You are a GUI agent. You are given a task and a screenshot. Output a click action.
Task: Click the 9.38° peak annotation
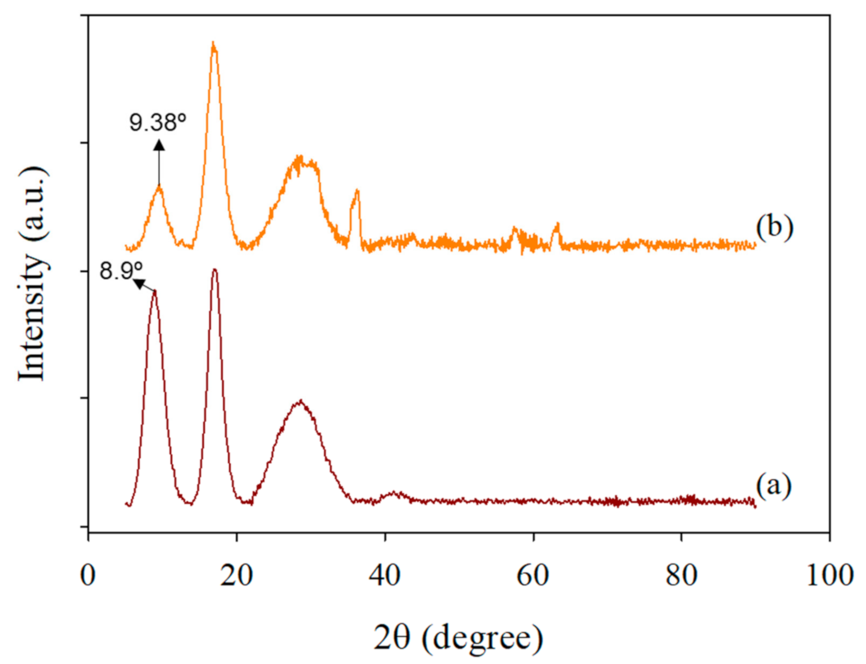click(157, 122)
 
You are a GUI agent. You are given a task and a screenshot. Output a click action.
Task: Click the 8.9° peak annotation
click(121, 271)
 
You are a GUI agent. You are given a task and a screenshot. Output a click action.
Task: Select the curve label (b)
click(775, 227)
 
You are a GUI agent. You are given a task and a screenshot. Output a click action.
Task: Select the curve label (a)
click(774, 485)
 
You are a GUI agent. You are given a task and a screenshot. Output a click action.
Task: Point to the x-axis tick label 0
click(88, 576)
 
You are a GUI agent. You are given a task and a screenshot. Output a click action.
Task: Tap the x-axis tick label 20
click(236, 576)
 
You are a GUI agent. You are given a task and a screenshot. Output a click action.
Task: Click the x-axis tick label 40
click(385, 576)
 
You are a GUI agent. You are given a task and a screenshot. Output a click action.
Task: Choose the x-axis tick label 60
click(533, 576)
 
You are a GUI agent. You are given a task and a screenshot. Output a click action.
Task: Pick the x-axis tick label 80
click(681, 576)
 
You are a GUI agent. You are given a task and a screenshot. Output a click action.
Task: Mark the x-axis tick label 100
click(829, 576)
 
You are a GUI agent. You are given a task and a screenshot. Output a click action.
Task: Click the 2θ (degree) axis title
click(458, 638)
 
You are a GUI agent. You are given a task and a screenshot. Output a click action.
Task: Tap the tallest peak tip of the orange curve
click(214, 43)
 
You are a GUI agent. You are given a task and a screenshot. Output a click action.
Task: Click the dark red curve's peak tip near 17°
click(215, 270)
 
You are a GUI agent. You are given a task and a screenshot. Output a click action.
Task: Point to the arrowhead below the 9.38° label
click(159, 145)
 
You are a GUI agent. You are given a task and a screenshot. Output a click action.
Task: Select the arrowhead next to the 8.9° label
click(139, 284)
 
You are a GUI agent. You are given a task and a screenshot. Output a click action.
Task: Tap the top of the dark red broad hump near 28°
click(300, 400)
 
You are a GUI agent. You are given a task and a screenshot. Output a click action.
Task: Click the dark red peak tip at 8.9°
click(155, 291)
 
